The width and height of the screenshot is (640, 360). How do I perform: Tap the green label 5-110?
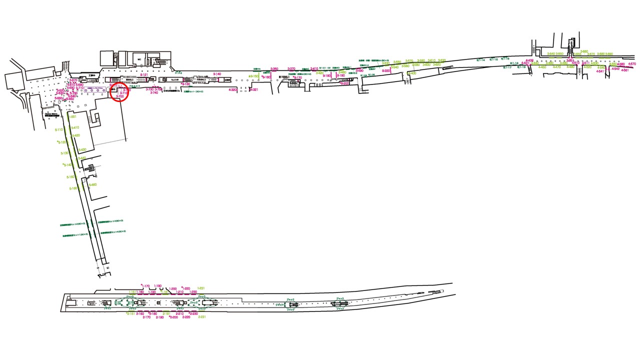pos(58,129)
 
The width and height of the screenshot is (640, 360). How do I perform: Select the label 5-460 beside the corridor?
pos(92,185)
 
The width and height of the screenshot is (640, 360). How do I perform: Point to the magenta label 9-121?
pos(144,75)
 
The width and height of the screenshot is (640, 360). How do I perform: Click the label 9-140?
pos(217,74)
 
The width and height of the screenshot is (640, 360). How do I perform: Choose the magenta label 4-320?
pos(232,90)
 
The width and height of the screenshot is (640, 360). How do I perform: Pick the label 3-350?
pos(274,69)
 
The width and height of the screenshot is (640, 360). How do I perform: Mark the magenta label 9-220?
pos(386,71)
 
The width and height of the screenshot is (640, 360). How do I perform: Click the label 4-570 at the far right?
pos(632,64)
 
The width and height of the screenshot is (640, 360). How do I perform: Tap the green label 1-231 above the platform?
pos(201,288)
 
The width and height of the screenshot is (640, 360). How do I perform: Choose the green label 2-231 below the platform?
pos(202,317)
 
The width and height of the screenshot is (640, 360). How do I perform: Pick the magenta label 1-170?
pos(146,286)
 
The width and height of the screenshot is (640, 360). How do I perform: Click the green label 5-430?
pos(82,149)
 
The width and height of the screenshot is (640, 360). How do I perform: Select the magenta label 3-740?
pos(154,92)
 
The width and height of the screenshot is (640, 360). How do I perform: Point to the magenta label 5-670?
pos(73,80)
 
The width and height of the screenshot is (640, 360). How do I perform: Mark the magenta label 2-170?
pos(146,317)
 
